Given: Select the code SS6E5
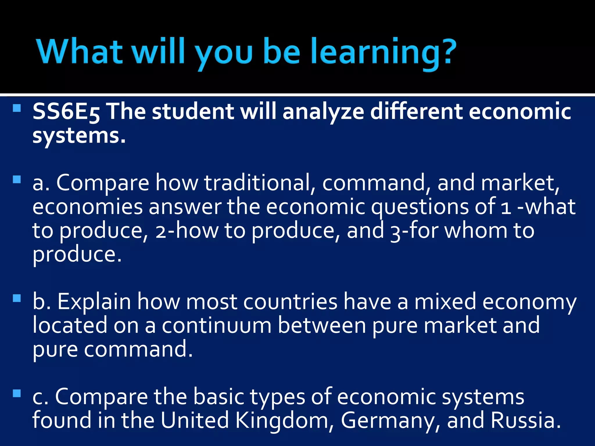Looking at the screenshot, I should [x=66, y=112].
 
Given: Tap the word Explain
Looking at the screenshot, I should [x=94, y=302].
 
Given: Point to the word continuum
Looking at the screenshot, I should [x=217, y=325].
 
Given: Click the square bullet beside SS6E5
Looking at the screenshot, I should [x=17, y=108].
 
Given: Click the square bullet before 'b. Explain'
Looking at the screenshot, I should [x=17, y=298].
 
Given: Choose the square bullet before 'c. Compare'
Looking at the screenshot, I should [x=17, y=393].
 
